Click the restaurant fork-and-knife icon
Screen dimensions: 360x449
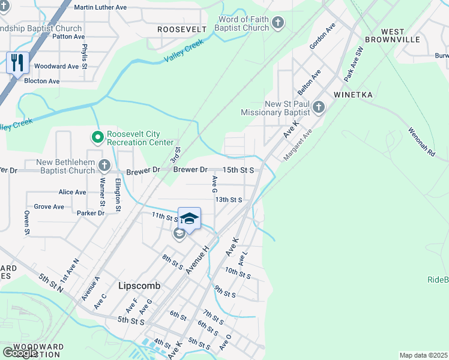pos(17,62)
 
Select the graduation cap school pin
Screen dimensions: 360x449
pos(189,219)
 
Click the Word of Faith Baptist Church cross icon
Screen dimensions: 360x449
pos(277,23)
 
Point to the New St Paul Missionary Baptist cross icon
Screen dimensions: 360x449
pos(319,108)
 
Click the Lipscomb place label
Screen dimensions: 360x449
pos(139,286)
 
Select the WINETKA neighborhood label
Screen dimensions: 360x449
pos(354,95)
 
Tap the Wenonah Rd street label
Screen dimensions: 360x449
pos(421,142)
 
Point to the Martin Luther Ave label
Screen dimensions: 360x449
pos(100,7)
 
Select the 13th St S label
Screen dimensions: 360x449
pos(229,199)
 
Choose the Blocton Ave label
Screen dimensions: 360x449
pos(42,81)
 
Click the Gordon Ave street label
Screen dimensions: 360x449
pos(322,37)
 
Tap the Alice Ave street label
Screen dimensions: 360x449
pos(73,192)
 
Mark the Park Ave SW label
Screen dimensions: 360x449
pos(354,64)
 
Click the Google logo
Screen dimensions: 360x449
pos(20,352)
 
